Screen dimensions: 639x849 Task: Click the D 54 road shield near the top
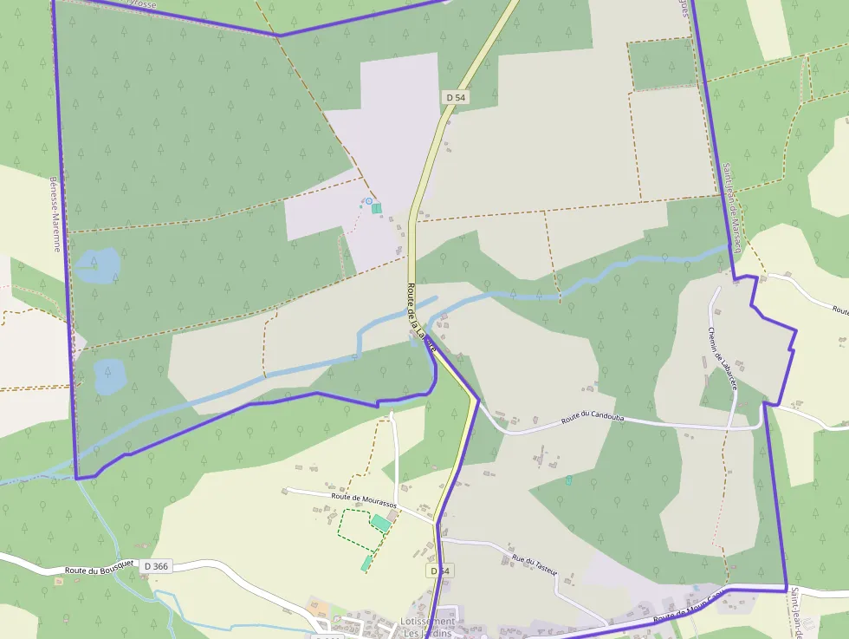tap(456, 98)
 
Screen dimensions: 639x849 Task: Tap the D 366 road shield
tap(157, 566)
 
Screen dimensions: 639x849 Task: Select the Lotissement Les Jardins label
tap(428, 627)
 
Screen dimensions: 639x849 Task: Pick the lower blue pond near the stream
tap(109, 376)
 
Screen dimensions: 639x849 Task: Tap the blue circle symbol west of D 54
tap(368, 201)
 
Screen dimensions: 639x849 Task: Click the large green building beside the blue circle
tap(377, 209)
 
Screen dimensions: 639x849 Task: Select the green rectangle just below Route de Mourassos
tap(380, 523)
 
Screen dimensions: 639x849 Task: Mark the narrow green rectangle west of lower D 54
tap(366, 564)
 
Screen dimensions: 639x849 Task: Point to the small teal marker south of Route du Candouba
tap(568, 479)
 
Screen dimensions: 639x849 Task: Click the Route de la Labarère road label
tap(418, 317)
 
